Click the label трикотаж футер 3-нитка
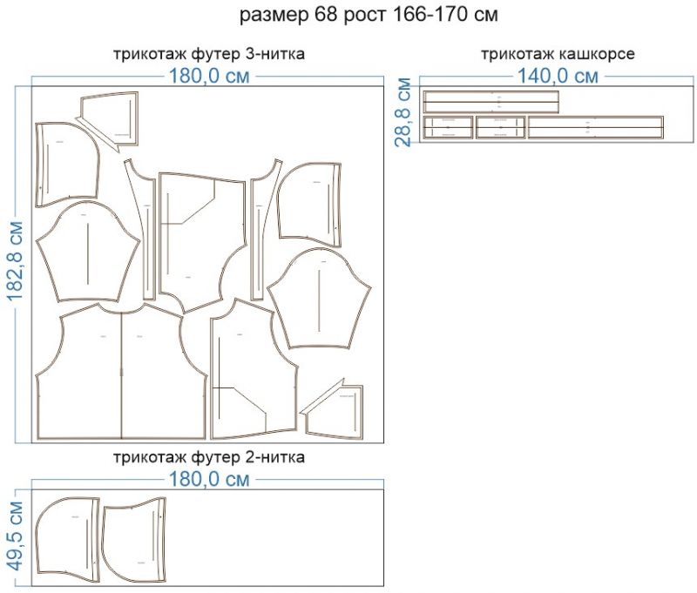(x=208, y=54)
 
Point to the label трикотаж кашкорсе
(x=558, y=54)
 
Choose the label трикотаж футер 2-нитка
(x=208, y=456)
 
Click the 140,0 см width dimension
(x=558, y=76)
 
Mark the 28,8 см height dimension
(x=403, y=113)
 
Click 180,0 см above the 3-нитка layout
(x=208, y=76)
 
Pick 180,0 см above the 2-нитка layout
(x=208, y=478)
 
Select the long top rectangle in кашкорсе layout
(x=491, y=101)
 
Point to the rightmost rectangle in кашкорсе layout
(x=595, y=127)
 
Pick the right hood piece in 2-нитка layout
(x=135, y=540)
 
